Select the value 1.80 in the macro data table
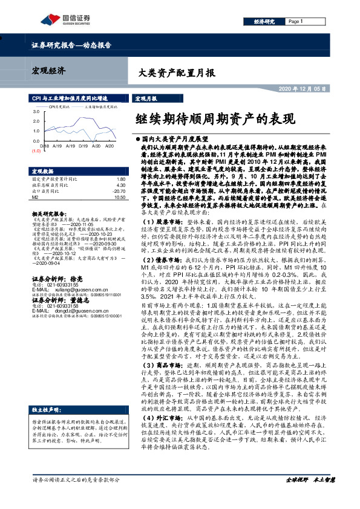(120, 180)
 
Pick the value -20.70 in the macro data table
(119, 190)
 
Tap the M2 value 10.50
(119, 196)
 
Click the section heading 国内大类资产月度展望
(176, 138)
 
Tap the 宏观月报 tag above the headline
(145, 98)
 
